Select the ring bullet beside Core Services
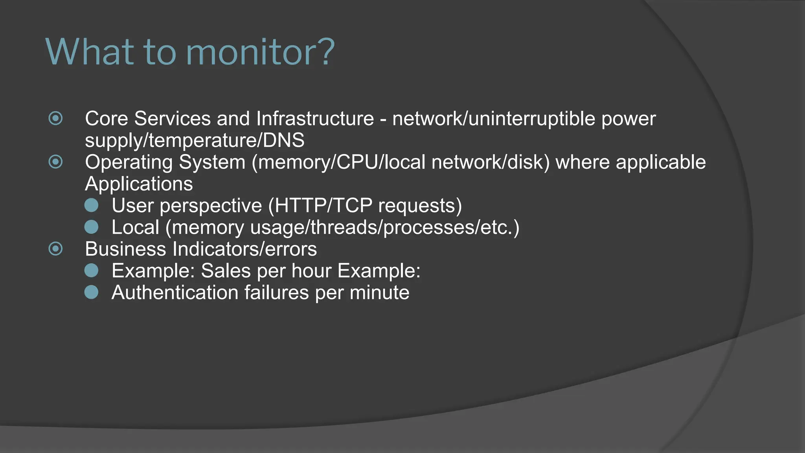click(x=55, y=118)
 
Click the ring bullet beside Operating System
click(x=55, y=162)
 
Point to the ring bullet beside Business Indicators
click(x=55, y=249)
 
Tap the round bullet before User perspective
click(x=92, y=205)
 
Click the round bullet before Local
click(x=92, y=227)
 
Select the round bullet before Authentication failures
click(x=92, y=292)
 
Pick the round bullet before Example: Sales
click(x=92, y=271)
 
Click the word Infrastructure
click(x=315, y=119)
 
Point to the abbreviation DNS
click(x=283, y=140)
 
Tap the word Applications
click(x=139, y=184)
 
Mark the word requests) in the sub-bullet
click(x=420, y=206)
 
